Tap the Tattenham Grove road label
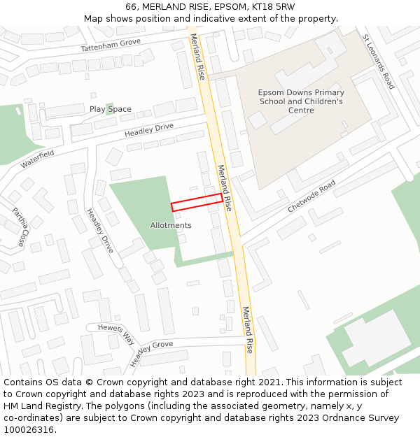coord(111,46)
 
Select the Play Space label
coord(111,109)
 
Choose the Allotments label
coord(171,225)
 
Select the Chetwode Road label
coord(312,196)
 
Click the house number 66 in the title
coord(132,7)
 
